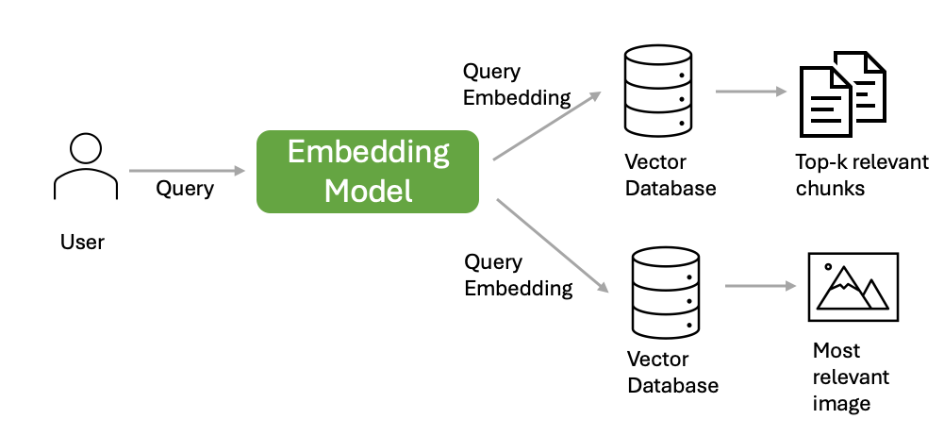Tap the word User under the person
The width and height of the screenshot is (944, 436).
[82, 243]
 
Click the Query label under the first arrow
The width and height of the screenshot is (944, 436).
[185, 189]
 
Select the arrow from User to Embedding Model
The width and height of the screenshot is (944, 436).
[188, 171]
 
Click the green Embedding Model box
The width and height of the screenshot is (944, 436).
[367, 172]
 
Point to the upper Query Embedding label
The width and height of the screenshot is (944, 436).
[517, 84]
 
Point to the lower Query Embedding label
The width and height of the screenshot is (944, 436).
[519, 276]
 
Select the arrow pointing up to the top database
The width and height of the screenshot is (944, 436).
[547, 126]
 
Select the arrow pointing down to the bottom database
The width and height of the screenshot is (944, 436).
[553, 245]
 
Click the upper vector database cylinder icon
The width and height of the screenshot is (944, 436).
[658, 91]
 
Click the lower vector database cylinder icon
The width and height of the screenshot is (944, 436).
[665, 293]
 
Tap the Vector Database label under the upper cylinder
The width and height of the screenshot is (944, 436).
[671, 175]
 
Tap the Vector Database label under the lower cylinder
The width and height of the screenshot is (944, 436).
[672, 372]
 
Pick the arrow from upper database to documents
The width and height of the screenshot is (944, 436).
[752, 92]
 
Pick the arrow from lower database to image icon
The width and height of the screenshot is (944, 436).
[760, 285]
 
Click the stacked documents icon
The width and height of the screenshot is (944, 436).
[843, 94]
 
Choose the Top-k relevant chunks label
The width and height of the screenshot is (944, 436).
[862, 175]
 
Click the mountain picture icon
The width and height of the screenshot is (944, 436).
[853, 287]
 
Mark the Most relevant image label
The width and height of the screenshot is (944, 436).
[851, 377]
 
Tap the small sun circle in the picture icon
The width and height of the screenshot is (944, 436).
[828, 266]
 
